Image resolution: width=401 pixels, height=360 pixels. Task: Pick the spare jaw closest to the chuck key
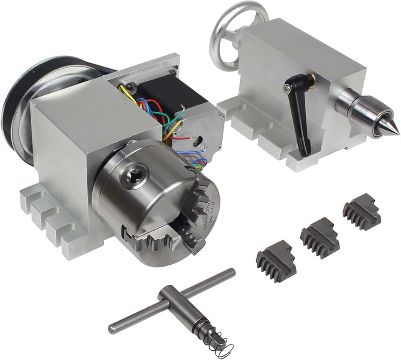pyautogui.click(x=276, y=261)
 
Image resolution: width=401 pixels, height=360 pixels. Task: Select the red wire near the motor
pyautogui.click(x=180, y=138)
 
